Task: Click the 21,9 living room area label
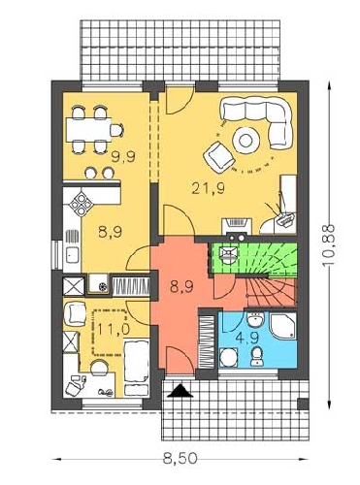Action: (x=209, y=188)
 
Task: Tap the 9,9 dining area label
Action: (x=123, y=157)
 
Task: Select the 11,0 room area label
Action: (x=114, y=329)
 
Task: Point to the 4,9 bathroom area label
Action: (x=247, y=338)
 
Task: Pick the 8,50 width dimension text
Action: (x=180, y=458)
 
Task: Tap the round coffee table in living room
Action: (x=245, y=141)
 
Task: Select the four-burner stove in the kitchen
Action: (x=81, y=204)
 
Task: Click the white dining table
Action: (x=88, y=130)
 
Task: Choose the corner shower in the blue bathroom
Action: (x=283, y=326)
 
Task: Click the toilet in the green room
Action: (x=227, y=255)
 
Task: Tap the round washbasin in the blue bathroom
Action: (x=256, y=321)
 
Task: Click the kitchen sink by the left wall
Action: (x=72, y=254)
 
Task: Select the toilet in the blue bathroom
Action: (x=257, y=357)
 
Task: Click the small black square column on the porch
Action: (x=303, y=404)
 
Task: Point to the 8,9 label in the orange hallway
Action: (x=181, y=286)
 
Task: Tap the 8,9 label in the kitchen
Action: (x=111, y=232)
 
